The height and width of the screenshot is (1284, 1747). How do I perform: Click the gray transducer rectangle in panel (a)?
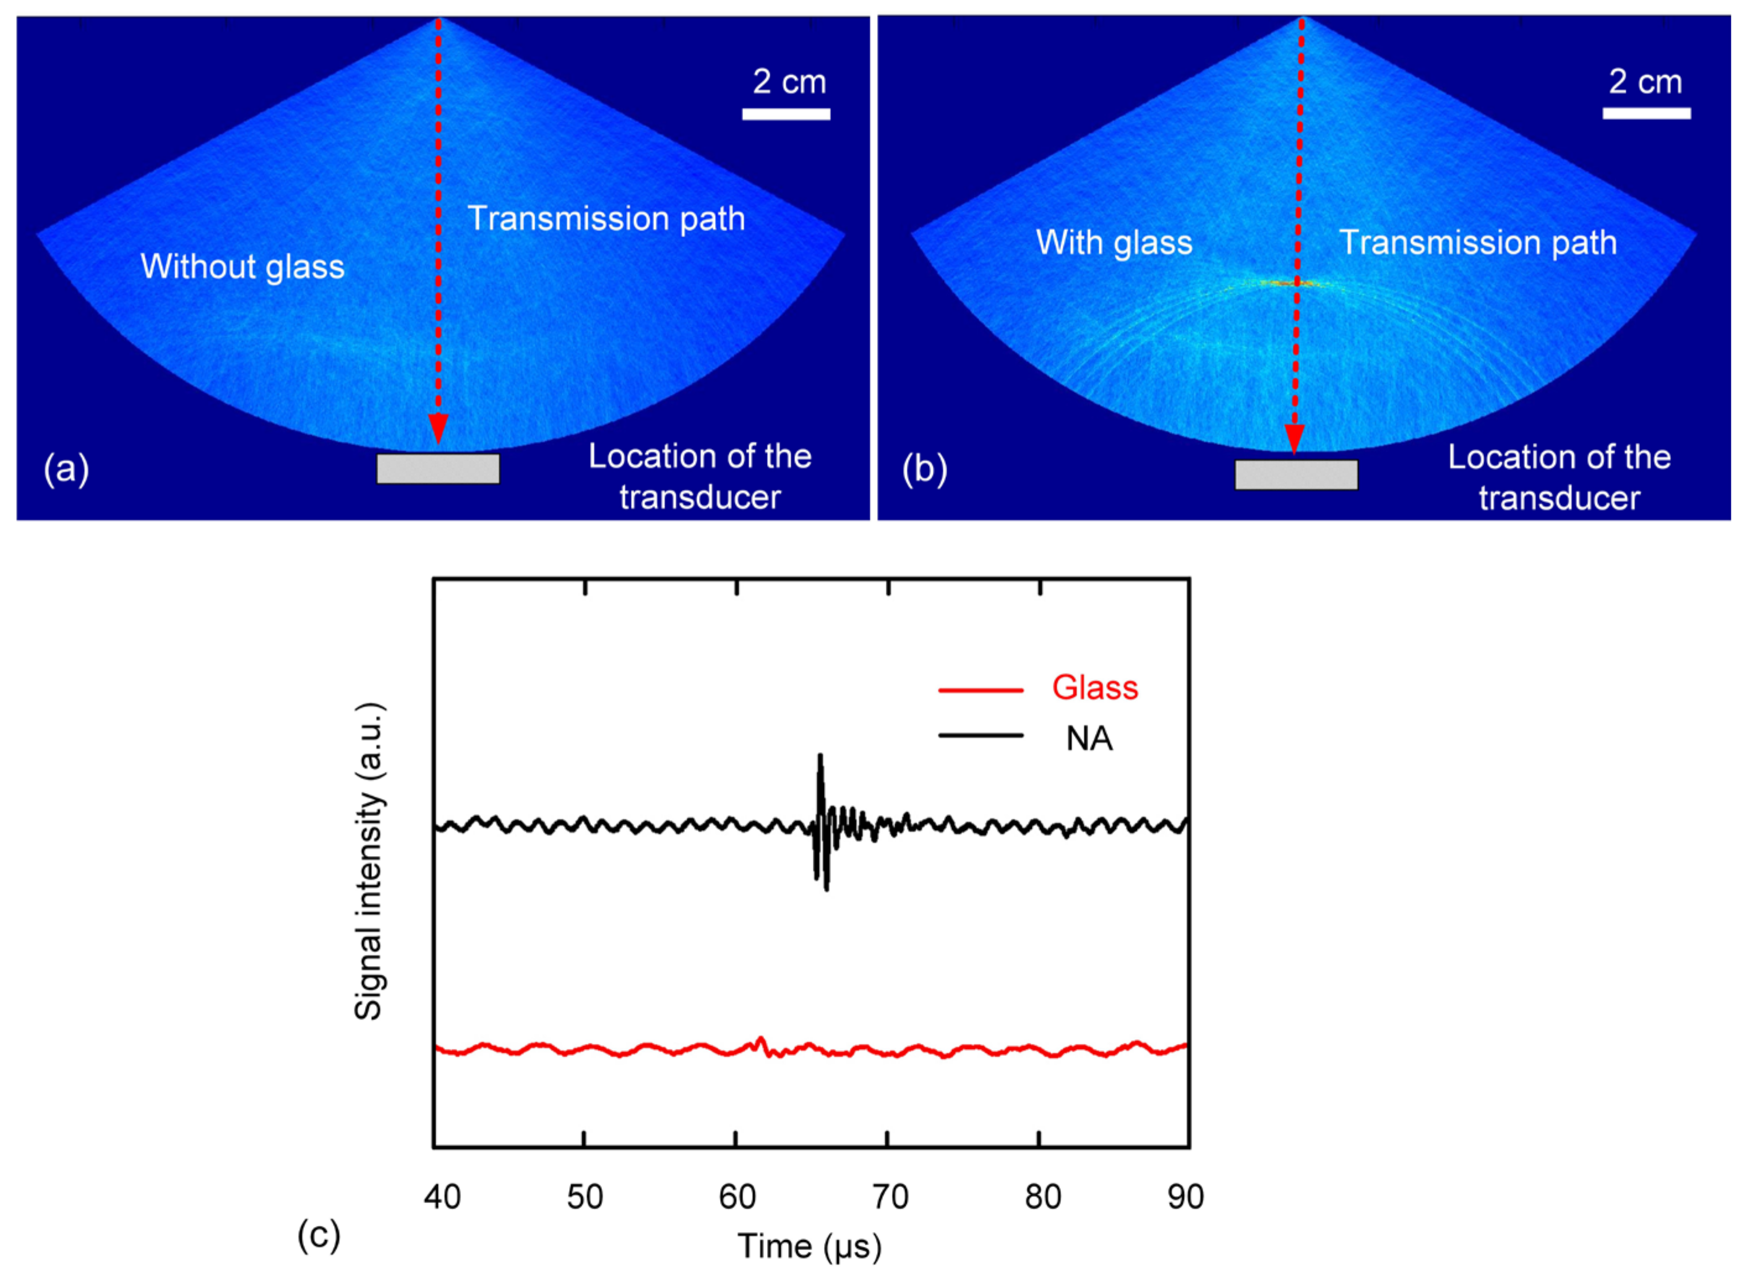(x=438, y=469)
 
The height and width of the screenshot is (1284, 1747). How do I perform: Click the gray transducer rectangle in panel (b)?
(x=1296, y=475)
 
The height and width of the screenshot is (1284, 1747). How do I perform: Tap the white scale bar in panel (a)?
(x=786, y=114)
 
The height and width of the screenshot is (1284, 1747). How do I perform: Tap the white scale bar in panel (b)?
(x=1646, y=113)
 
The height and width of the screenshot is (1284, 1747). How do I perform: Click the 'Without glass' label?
(x=242, y=267)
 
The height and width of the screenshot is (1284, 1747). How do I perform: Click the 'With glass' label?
(x=1114, y=242)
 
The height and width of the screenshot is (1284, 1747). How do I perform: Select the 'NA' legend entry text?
(x=1089, y=739)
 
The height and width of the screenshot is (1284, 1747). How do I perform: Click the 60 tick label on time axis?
(x=736, y=1197)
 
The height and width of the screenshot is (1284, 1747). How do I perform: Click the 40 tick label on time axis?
(x=442, y=1197)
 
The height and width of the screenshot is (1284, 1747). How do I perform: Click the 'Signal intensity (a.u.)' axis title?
(x=369, y=862)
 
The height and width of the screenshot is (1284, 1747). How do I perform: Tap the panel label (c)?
(x=319, y=1235)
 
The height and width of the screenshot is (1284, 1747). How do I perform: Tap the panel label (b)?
(x=924, y=469)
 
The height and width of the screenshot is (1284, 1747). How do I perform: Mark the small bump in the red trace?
(x=760, y=1041)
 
